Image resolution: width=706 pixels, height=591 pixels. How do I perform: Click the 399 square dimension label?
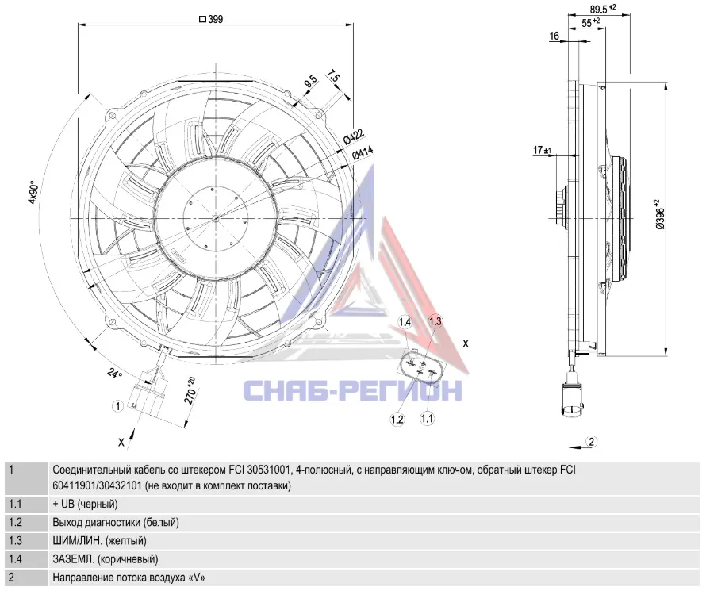click(211, 19)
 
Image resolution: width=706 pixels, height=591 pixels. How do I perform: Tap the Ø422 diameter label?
click(354, 136)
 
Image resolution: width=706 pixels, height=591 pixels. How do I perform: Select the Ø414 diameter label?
click(363, 152)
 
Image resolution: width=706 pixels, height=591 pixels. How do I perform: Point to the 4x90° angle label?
click(33, 193)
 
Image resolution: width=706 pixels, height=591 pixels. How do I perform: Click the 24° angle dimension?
click(115, 373)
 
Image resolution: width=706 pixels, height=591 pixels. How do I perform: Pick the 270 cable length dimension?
click(190, 390)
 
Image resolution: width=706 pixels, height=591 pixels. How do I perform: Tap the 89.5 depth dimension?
click(602, 9)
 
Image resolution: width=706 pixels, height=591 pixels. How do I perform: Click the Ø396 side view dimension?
click(660, 215)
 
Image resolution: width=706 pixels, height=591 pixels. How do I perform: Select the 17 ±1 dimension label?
click(542, 150)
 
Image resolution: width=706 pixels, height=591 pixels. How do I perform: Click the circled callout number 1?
click(117, 406)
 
